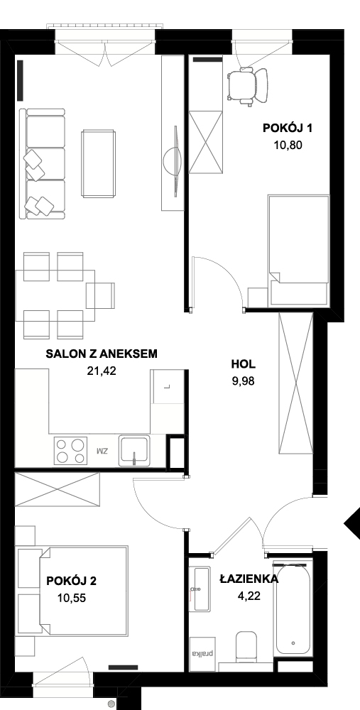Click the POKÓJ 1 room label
point(288,129)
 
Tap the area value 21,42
point(102,371)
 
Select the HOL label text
point(243,364)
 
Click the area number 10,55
point(72,598)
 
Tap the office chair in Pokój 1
point(247,86)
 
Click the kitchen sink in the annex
point(133,450)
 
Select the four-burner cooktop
point(70,450)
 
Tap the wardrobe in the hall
point(295,383)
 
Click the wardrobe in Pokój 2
point(57,489)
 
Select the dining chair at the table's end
point(101,295)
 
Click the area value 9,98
point(243,381)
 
